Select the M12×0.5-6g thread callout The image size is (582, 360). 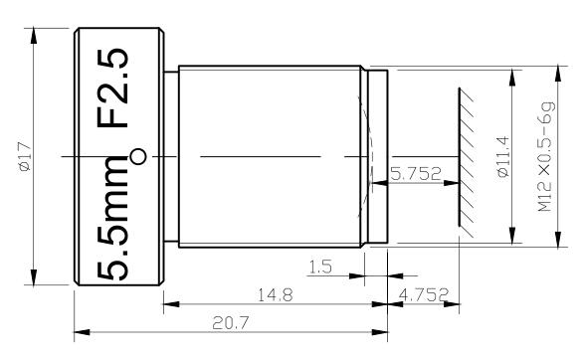click(x=546, y=157)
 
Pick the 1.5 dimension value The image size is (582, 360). click(x=320, y=268)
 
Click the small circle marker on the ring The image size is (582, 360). click(x=138, y=156)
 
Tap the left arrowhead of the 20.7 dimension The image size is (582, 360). click(x=81, y=333)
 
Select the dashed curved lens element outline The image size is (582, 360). click(x=362, y=156)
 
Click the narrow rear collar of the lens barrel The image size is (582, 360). click(x=377, y=157)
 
